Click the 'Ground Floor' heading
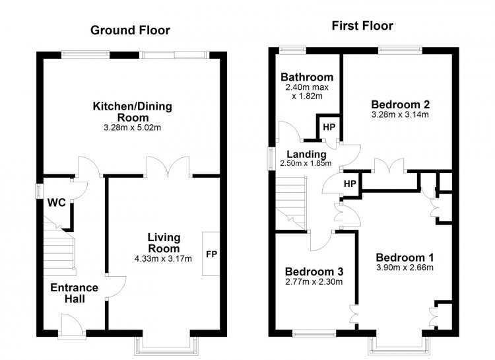[x=130, y=30]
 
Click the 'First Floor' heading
[x=362, y=26]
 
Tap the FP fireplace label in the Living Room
[x=211, y=254]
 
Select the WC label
[x=57, y=203]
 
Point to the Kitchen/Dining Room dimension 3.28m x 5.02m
[x=132, y=127]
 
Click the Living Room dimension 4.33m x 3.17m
[x=163, y=259]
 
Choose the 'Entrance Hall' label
[x=74, y=293]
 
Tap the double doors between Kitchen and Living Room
[x=168, y=166]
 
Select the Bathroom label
[x=307, y=77]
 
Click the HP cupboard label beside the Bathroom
[x=329, y=127]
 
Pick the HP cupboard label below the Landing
[x=350, y=184]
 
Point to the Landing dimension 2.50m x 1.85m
[x=306, y=163]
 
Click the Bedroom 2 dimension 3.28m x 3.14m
[x=400, y=114]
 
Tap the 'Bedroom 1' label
[x=405, y=258]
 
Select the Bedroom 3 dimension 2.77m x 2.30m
[x=313, y=281]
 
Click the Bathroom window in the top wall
[x=292, y=50]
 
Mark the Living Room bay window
[x=166, y=345]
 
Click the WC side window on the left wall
[x=39, y=191]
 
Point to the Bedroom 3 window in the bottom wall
[x=314, y=333]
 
